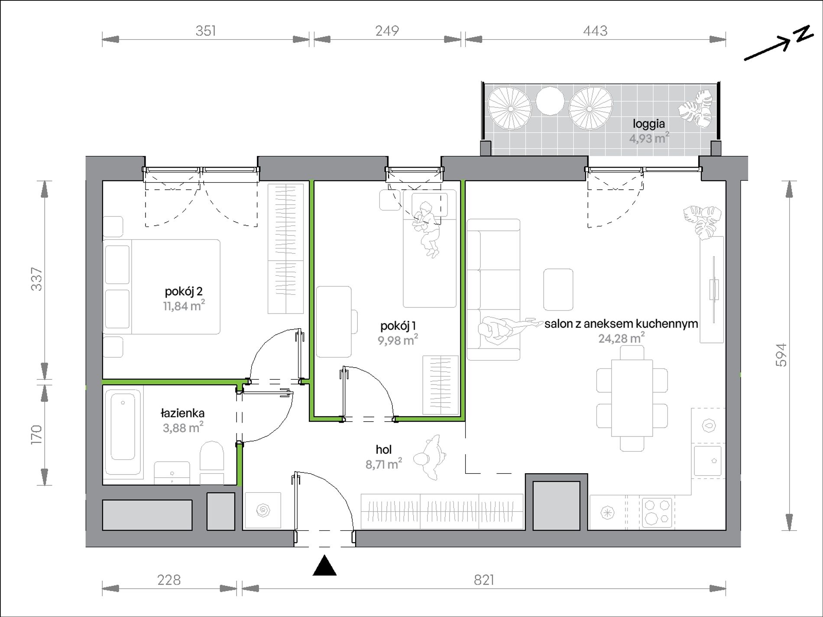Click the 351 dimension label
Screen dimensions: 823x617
(205, 31)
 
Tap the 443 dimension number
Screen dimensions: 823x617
(595, 31)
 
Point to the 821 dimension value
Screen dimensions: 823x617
(484, 579)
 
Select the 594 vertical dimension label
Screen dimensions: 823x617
(781, 355)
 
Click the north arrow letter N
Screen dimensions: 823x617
(804, 33)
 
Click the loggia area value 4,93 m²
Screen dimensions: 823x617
(649, 139)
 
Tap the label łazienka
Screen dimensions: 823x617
(182, 413)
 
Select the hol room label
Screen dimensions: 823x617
(384, 449)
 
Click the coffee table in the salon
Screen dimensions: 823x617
(558, 289)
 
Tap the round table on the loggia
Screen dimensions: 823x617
(550, 101)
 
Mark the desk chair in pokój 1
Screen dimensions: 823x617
(354, 321)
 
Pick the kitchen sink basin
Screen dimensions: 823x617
(707, 461)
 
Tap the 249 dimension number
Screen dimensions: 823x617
(387, 31)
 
